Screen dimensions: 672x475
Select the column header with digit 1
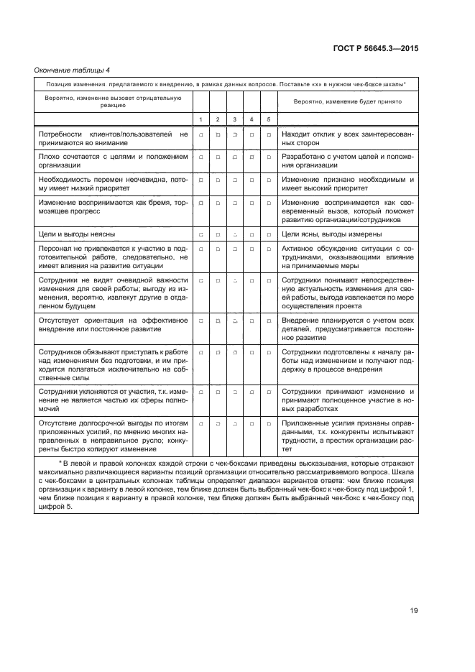click(x=201, y=119)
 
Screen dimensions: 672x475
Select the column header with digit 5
click(x=269, y=119)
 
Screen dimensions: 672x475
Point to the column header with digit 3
click(x=235, y=119)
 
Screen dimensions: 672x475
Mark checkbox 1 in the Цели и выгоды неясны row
click(x=201, y=235)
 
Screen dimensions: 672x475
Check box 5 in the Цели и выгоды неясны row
click(x=269, y=235)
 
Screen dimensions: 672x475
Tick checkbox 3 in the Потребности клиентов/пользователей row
click(x=235, y=134)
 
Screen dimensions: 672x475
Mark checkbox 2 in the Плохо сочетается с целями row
click(x=218, y=156)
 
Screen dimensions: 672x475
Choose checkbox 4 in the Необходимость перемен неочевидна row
click(x=252, y=180)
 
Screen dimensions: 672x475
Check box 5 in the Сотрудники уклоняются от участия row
click(x=269, y=392)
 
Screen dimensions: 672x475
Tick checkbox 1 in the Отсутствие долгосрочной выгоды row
click(x=201, y=424)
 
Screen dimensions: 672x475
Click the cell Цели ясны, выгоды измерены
click(x=331, y=234)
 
